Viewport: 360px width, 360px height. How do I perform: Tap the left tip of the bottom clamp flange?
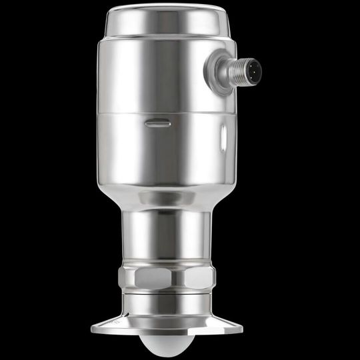pyautogui.click(x=93, y=327)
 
